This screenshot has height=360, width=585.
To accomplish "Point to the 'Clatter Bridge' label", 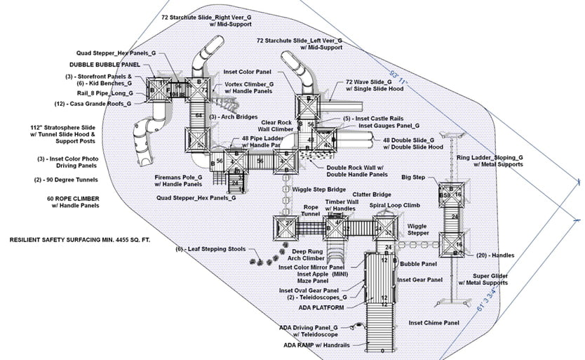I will coord(371,194).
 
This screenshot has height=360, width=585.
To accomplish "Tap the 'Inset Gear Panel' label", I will coord(419,279).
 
